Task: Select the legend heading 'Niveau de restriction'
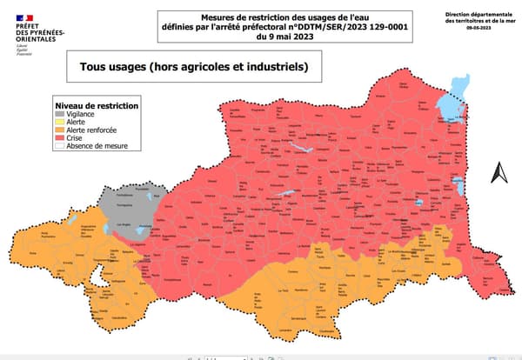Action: coord(96,105)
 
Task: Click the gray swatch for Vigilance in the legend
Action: coord(59,115)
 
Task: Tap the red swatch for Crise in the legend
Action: coord(59,138)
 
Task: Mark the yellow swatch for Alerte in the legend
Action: coord(59,123)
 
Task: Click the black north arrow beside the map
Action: coord(500,173)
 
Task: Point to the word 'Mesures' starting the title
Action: coord(220,15)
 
